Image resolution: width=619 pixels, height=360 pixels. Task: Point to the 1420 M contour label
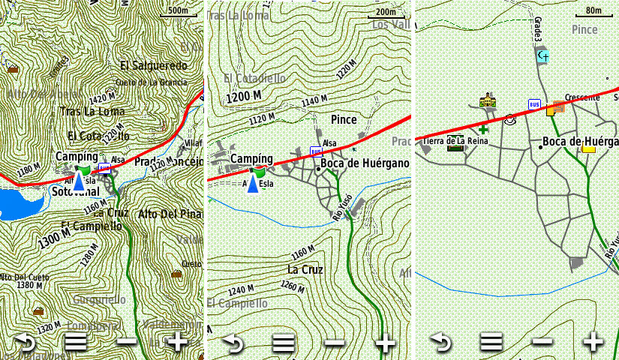click(101, 98)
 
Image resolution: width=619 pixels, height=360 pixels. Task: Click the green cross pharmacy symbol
click(482, 130)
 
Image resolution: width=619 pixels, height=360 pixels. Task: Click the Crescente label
click(581, 97)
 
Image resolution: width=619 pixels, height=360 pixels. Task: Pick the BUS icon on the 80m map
click(534, 104)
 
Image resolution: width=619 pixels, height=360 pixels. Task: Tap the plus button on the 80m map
click(593, 342)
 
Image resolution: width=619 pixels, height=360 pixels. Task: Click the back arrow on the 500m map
click(26, 343)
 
